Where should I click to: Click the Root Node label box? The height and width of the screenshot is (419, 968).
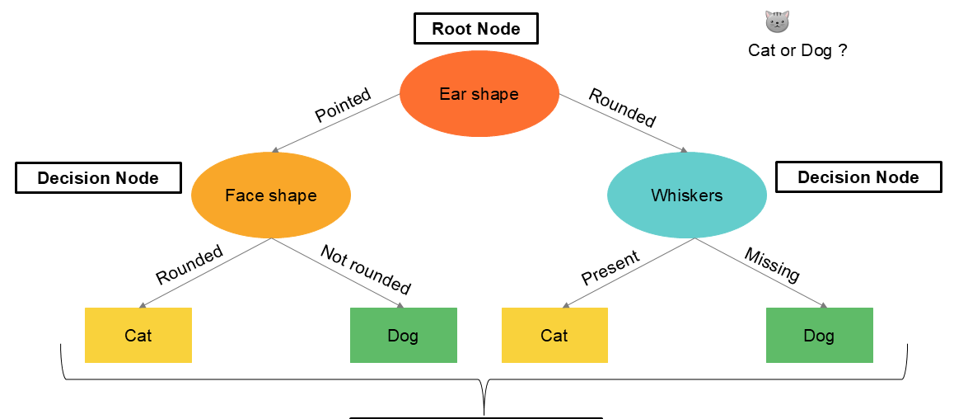[x=475, y=29]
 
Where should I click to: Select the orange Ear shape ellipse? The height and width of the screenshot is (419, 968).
[x=479, y=94]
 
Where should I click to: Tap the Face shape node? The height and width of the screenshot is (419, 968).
[x=271, y=195]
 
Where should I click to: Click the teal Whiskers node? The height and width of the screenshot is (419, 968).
[x=686, y=195]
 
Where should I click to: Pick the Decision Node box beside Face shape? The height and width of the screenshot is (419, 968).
[x=98, y=177]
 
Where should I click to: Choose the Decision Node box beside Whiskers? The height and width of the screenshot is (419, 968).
[x=858, y=177]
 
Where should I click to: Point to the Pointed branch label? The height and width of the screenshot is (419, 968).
[x=343, y=105]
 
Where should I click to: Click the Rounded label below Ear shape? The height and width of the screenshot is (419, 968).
[x=622, y=108]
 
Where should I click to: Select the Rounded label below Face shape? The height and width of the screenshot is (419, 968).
[x=189, y=264]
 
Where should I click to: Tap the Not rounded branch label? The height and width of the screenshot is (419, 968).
[x=365, y=269]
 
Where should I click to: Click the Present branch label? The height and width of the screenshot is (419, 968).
[x=610, y=268]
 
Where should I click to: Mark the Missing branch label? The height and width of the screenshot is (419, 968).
[x=771, y=265]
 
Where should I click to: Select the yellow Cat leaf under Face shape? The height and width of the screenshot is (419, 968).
[x=138, y=336]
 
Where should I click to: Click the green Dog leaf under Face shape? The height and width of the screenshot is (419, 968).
[x=403, y=336]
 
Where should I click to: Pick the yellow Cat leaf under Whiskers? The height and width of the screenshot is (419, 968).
[x=554, y=336]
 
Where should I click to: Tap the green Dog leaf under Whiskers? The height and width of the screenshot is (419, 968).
[x=819, y=336]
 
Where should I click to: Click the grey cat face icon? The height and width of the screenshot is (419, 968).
[x=776, y=21]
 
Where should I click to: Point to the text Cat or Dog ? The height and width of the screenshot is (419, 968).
[x=797, y=50]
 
